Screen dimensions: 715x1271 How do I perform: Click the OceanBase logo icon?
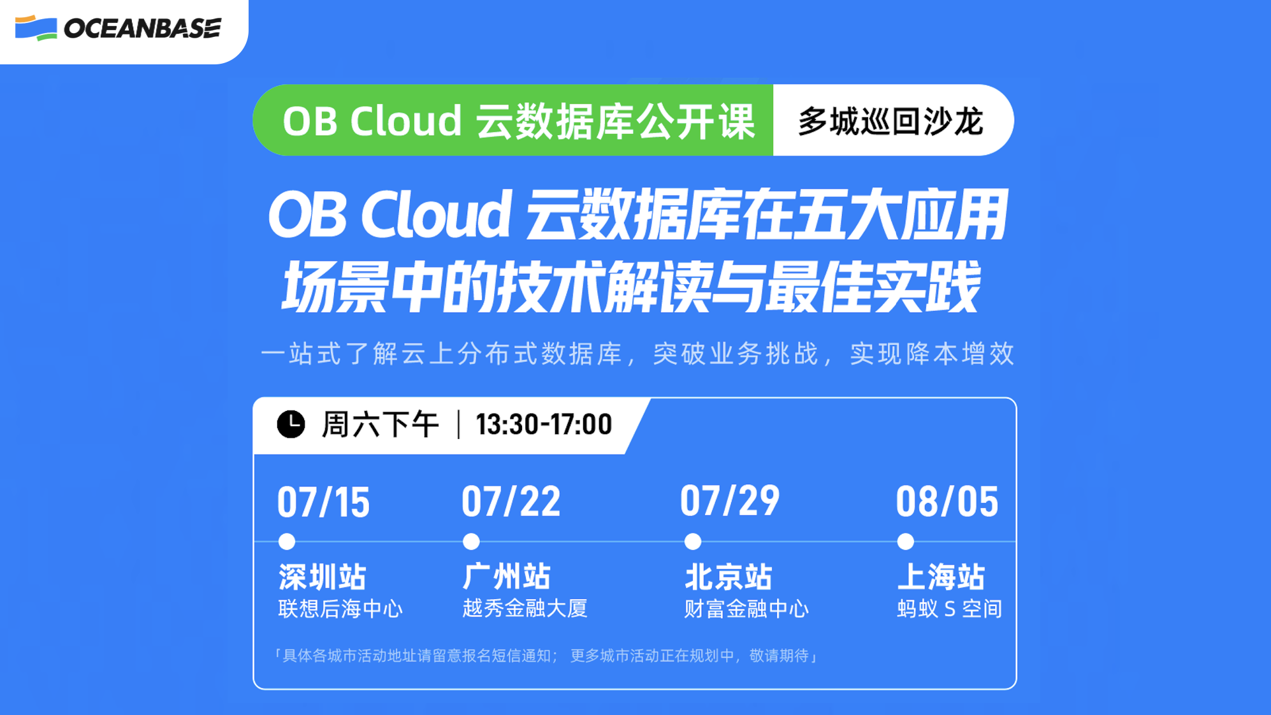[x=36, y=28]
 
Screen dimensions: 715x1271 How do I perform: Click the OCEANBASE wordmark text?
[x=143, y=29]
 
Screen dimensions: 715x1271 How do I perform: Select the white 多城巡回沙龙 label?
[x=890, y=121]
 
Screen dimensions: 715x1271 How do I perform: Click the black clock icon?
[x=291, y=424]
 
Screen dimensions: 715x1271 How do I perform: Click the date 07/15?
[x=323, y=502]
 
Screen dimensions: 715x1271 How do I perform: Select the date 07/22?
[x=511, y=502]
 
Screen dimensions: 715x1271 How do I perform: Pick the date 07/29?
[x=729, y=501]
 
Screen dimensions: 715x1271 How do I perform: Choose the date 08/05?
[x=947, y=502]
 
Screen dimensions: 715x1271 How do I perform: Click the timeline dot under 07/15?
[x=287, y=542]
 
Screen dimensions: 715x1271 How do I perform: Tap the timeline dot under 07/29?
[x=693, y=542]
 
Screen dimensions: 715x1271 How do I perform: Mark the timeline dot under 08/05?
[x=905, y=542]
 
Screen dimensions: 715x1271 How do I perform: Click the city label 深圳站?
[x=323, y=577]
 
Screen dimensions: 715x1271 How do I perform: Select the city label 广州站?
[x=506, y=577]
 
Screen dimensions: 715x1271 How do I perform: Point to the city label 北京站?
[x=729, y=577]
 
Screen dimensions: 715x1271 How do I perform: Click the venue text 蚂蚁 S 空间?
[x=949, y=609]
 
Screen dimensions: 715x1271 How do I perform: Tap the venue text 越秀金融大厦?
[x=525, y=609]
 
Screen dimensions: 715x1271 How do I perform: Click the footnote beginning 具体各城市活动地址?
[x=546, y=656]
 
